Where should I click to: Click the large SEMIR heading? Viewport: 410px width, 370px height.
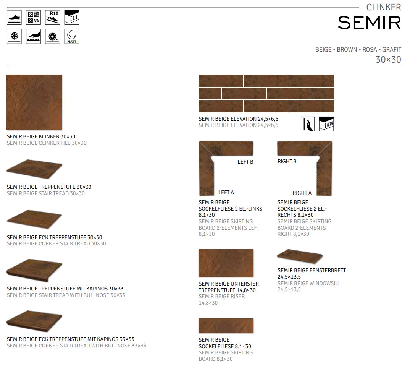coord(369,23)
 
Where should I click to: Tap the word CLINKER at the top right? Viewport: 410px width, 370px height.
coord(383,7)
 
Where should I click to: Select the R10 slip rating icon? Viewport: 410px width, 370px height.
coord(52,18)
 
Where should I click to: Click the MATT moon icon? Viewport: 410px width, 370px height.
coord(71,36)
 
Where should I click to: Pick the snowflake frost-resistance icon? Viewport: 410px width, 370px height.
coord(14,36)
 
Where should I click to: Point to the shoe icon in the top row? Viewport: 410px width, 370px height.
coord(14,18)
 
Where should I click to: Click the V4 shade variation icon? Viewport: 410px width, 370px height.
coord(33,18)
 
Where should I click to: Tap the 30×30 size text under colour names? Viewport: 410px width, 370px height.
coord(388,60)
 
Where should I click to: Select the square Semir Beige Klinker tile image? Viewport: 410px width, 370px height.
coord(34,102)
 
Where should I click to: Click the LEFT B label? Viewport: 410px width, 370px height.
coord(245,162)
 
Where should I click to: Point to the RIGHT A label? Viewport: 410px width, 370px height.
coord(302,193)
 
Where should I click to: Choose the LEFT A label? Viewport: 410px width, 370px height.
coord(226,192)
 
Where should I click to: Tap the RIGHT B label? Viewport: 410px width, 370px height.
coord(287,161)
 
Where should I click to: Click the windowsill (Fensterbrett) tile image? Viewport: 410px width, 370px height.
coord(300,256)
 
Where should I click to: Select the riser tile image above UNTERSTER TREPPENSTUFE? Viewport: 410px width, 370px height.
coord(226,263)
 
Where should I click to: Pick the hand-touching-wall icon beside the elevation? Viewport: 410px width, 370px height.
coord(307,124)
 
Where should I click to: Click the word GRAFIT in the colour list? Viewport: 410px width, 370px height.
coord(391,50)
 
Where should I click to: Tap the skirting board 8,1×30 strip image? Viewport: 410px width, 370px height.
coord(226,326)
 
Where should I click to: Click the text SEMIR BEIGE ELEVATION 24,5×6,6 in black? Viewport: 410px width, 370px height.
coord(238,119)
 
